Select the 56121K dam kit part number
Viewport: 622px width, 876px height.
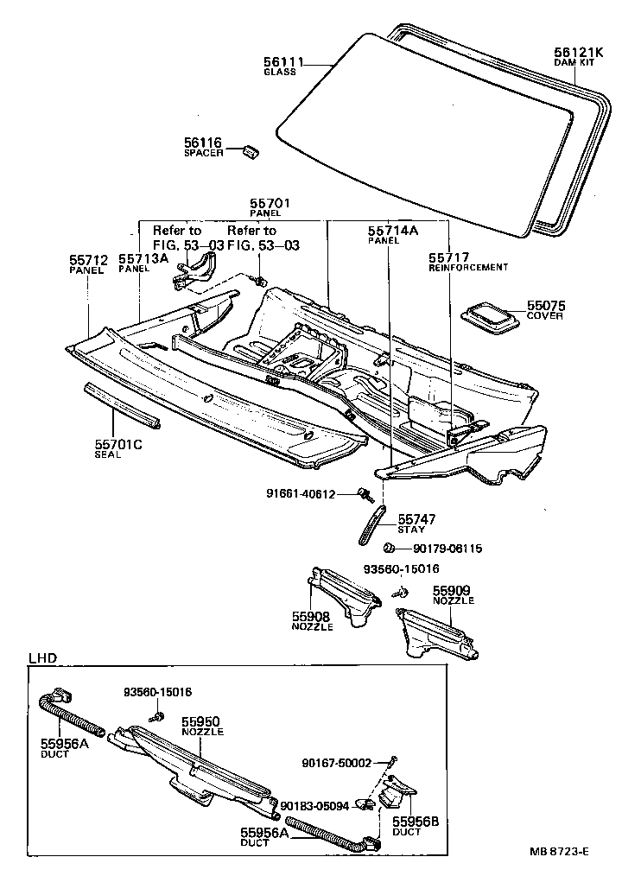click(x=574, y=52)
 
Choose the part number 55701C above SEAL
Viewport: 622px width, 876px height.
click(x=118, y=446)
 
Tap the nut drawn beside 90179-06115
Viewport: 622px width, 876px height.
click(x=390, y=548)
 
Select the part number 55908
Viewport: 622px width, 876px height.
click(x=311, y=616)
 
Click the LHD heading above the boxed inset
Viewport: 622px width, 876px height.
click(x=42, y=657)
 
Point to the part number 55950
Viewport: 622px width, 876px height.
click(x=201, y=720)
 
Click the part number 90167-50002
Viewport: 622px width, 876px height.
click(x=336, y=763)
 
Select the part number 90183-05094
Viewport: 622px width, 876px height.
click(x=314, y=805)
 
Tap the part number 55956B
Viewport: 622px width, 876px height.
click(x=416, y=822)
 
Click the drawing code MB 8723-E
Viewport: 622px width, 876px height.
click(x=559, y=852)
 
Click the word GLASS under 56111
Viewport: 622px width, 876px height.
click(x=280, y=72)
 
